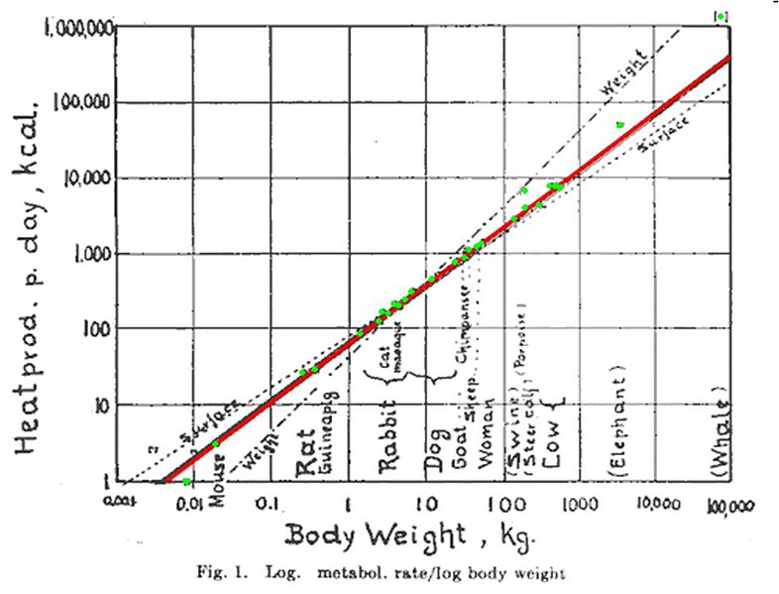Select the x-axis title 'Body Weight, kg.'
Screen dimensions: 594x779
[410, 535]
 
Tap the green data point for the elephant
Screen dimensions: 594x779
[619, 125]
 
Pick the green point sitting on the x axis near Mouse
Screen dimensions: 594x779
[186, 481]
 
